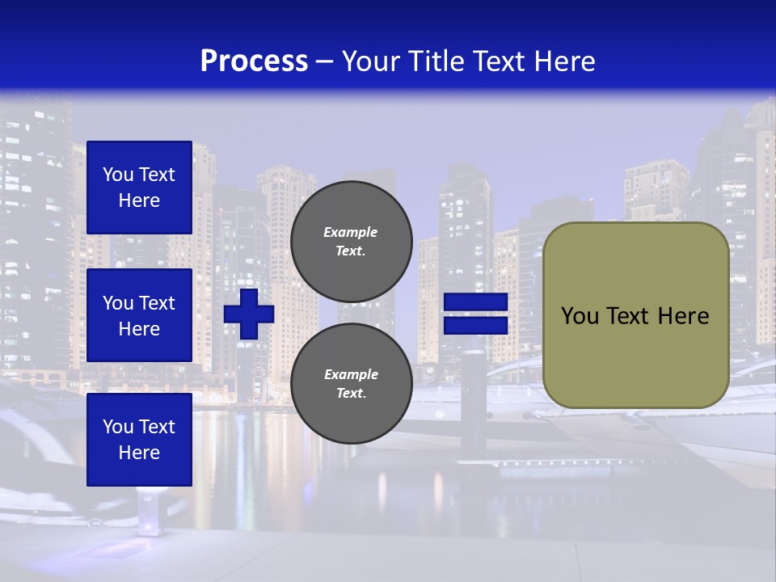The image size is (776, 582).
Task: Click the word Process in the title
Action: (x=254, y=61)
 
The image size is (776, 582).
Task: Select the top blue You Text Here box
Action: (x=139, y=188)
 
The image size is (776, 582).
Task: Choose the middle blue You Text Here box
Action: (x=139, y=315)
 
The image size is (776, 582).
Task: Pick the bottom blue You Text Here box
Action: (x=139, y=440)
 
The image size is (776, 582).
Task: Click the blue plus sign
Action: (x=249, y=314)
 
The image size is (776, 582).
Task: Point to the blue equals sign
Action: (x=476, y=314)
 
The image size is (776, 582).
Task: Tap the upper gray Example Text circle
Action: (x=352, y=241)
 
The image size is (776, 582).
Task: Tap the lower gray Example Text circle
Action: (x=352, y=384)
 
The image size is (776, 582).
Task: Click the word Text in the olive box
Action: (x=625, y=316)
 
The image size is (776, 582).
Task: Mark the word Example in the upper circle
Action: (x=351, y=232)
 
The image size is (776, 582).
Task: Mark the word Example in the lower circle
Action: (x=351, y=374)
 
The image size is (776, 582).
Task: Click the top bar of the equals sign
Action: (x=476, y=302)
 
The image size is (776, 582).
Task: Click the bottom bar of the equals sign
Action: (x=476, y=325)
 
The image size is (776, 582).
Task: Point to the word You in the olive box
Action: (x=580, y=316)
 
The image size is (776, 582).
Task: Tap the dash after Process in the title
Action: (x=324, y=62)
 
